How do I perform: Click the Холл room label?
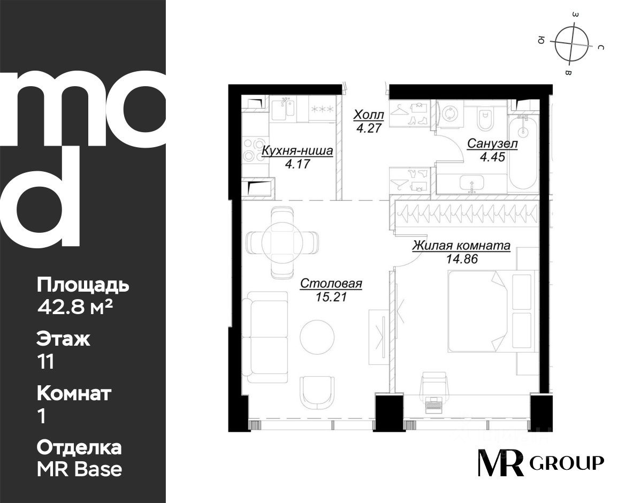[369, 116]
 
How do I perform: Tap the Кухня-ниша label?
[297, 150]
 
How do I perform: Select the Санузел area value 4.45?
[492, 157]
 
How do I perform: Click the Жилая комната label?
[462, 246]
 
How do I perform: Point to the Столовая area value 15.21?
[331, 296]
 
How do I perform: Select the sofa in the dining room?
[265, 337]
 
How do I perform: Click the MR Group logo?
[540, 462]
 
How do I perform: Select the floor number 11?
[45, 362]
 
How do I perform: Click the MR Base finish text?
[80, 469]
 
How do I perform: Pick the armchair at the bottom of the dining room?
[317, 392]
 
